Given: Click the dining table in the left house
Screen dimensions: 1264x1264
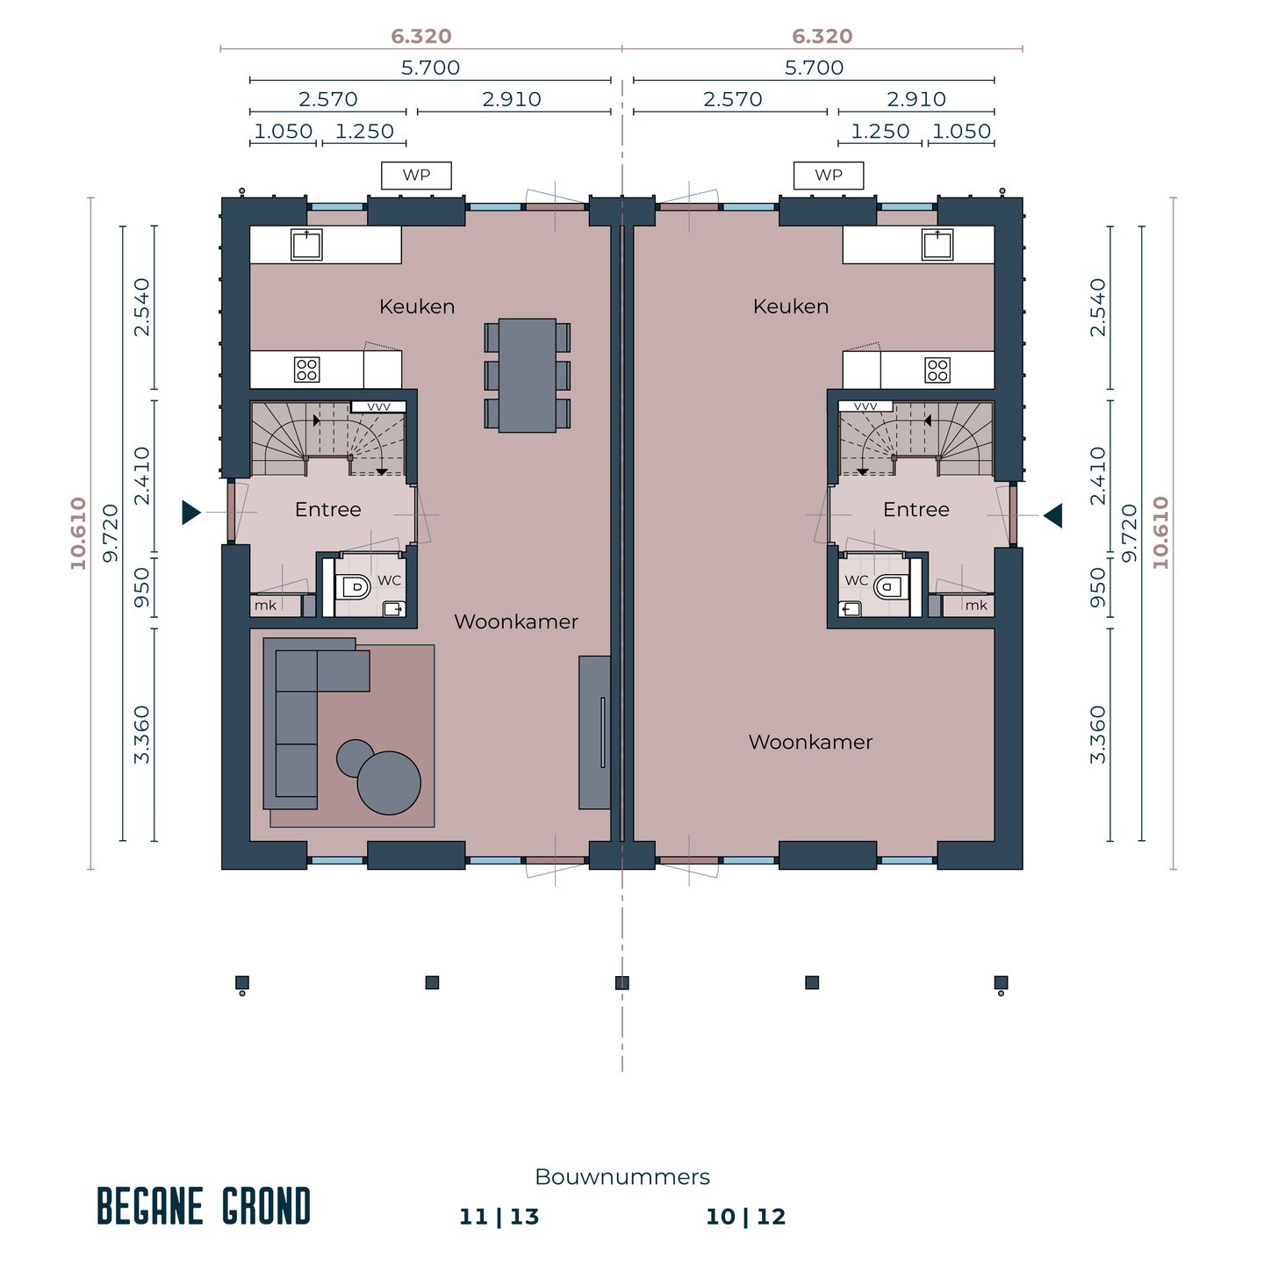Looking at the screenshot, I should [527, 375].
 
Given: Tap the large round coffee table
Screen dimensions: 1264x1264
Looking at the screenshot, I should [389, 783].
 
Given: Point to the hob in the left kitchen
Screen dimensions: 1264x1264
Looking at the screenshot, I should [306, 370].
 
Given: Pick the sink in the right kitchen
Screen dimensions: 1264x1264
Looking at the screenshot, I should [937, 245].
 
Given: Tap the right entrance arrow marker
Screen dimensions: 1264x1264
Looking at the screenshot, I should [1053, 515].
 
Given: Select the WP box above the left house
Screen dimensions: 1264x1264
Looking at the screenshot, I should [416, 176].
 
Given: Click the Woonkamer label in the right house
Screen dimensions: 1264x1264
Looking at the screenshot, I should [810, 743].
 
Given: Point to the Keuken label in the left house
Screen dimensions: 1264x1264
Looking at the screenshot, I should [417, 306].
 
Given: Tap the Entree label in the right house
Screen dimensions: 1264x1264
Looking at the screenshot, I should [916, 510].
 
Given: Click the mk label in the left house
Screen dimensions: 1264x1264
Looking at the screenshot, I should [265, 606].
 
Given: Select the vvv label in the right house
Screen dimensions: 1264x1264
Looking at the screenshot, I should [865, 406].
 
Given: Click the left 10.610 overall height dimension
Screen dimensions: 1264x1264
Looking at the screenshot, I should [79, 533].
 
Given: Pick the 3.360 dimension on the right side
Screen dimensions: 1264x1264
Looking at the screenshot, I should [1098, 735].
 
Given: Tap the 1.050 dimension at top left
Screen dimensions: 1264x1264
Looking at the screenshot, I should [283, 132].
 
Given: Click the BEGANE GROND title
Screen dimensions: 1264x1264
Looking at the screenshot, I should [204, 1207].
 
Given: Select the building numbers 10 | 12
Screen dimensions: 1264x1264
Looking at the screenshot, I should [745, 1217].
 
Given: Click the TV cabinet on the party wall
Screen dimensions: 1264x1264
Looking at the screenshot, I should [594, 732].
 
